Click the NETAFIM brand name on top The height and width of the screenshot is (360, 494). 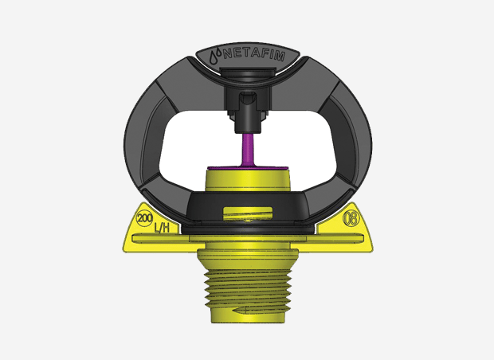point(254,56)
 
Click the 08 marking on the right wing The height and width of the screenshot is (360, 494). point(349,218)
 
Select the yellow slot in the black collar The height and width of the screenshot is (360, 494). point(248,213)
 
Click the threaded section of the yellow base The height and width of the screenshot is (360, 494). point(247,291)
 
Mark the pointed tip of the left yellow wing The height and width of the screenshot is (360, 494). point(124,248)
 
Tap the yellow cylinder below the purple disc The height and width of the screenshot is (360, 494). point(247,181)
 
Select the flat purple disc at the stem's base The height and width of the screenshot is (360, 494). point(247,167)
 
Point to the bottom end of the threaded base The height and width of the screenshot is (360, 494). point(247,321)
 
